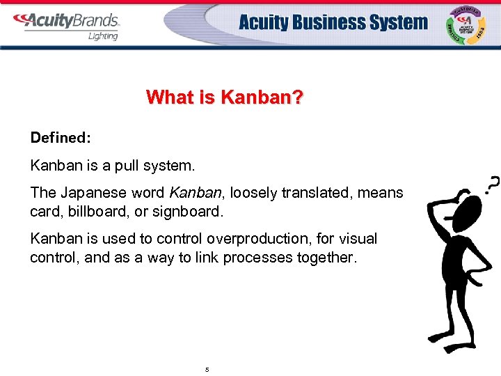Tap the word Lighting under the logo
(103, 36)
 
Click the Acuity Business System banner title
(333, 22)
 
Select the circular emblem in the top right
(468, 24)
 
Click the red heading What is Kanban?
(225, 97)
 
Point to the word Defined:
(61, 137)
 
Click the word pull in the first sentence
(124, 166)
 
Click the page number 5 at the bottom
(207, 369)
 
